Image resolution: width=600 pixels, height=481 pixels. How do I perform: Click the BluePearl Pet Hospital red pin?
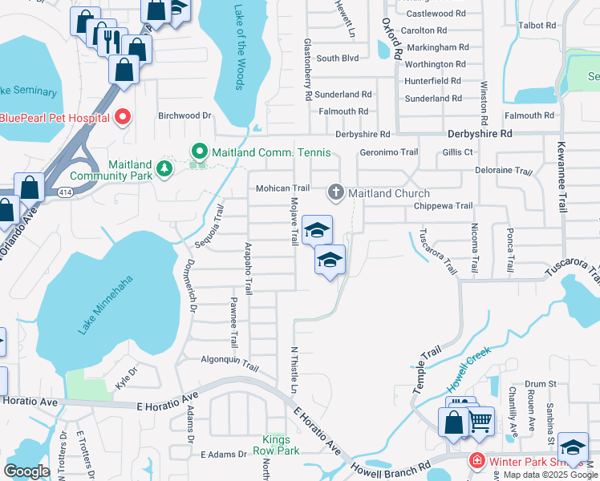click(123, 118)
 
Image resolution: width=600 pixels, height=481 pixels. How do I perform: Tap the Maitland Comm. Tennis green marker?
click(197, 151)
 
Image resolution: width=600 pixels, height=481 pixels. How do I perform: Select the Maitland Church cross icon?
click(335, 192)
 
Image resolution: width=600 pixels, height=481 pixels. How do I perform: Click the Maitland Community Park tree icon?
click(164, 168)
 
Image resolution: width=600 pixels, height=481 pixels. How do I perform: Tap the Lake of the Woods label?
click(238, 48)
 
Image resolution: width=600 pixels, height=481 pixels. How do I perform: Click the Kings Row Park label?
click(281, 445)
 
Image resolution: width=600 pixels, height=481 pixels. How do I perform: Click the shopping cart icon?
click(480, 419)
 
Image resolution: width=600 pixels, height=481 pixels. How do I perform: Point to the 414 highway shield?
click(65, 192)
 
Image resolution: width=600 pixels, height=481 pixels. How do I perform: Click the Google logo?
click(26, 471)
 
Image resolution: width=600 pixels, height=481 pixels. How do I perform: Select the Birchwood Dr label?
click(184, 115)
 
